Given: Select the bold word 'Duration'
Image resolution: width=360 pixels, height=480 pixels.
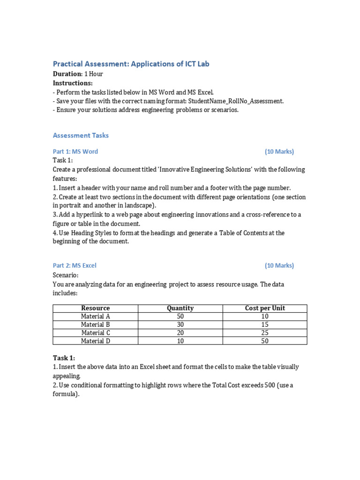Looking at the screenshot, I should [x=67, y=74].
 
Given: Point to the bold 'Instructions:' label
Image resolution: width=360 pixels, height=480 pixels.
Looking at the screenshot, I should [x=73, y=83].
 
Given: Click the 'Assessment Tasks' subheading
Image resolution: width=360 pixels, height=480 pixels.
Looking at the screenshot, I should [x=81, y=135].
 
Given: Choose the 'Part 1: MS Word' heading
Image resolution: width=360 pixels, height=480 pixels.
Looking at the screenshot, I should [x=75, y=151].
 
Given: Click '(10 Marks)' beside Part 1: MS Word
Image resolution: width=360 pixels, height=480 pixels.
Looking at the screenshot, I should [x=279, y=151].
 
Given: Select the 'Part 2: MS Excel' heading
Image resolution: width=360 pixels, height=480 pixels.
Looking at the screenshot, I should [x=75, y=265].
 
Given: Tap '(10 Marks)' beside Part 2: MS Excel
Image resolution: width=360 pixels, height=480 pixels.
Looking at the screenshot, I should [x=279, y=265].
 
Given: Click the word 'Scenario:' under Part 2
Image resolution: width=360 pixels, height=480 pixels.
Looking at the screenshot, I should [x=66, y=275].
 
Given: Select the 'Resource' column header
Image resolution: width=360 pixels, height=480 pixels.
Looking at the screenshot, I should [x=95, y=308].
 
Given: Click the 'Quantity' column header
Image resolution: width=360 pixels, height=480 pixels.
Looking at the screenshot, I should [x=180, y=308].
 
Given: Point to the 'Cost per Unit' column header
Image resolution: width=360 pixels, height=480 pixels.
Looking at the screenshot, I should [x=265, y=308].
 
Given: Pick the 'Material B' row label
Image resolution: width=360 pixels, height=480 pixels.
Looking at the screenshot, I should [x=95, y=324].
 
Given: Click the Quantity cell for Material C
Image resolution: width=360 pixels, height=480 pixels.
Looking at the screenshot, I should [x=180, y=333].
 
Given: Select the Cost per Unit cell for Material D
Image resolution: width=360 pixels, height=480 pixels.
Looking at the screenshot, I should [x=265, y=341].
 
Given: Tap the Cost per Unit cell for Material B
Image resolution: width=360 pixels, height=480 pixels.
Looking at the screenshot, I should [x=265, y=324].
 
